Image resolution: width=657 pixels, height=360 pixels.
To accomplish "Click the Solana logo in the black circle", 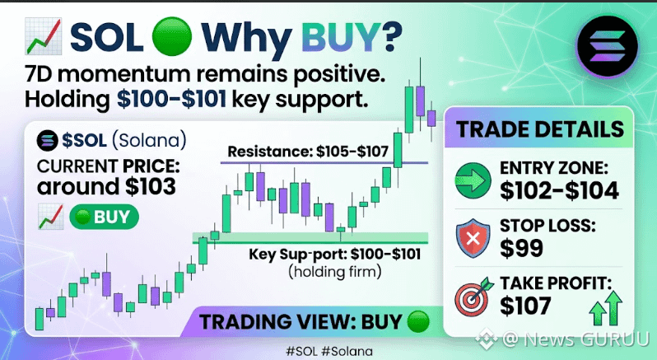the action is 607,46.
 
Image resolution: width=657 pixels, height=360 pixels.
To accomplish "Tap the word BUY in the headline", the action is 339,37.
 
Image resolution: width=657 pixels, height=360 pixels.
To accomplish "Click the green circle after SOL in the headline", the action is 172,36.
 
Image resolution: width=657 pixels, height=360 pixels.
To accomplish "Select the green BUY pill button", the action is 104,217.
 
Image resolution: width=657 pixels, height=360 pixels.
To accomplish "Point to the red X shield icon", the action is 473,237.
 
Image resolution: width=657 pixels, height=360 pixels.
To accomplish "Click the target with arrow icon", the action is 474,297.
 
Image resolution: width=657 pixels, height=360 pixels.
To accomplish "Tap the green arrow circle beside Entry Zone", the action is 473,181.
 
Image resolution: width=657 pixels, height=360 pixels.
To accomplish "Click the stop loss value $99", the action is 521,248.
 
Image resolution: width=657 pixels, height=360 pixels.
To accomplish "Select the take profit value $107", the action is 525,306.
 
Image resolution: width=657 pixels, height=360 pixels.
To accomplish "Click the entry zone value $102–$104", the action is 559,190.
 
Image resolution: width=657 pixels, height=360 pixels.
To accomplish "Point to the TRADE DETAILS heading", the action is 540,129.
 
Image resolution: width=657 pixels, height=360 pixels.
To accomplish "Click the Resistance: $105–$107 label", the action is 308,152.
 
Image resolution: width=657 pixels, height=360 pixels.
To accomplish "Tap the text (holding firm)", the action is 335,272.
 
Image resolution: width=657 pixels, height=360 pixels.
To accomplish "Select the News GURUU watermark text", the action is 586,339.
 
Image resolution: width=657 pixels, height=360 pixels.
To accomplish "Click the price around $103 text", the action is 106,186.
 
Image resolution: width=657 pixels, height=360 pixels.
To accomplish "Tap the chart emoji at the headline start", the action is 44,36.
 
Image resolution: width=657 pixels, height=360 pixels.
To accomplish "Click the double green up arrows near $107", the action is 605,308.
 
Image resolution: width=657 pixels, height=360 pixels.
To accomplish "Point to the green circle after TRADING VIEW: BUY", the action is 418,322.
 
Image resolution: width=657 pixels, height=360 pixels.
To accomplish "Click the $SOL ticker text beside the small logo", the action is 84,140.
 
